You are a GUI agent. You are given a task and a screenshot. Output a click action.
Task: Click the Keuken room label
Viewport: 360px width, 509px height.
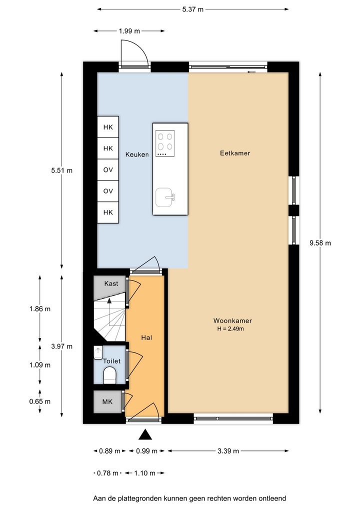pyautogui.click(x=137, y=154)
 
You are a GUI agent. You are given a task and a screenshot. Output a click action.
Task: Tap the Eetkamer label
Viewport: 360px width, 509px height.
pyautogui.click(x=235, y=153)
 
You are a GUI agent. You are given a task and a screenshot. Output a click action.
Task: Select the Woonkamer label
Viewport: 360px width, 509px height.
pyautogui.click(x=232, y=320)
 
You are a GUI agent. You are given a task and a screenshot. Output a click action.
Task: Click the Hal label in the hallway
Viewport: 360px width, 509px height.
pyautogui.click(x=146, y=337)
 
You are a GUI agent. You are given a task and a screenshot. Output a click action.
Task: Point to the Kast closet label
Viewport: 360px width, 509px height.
pyautogui.click(x=111, y=283)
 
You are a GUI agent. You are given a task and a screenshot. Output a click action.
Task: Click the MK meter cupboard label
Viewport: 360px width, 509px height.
pyautogui.click(x=107, y=401)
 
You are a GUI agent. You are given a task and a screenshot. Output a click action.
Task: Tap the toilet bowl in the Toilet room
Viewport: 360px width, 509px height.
pyautogui.click(x=109, y=375)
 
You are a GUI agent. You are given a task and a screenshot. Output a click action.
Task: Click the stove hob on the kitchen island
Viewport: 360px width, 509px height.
pyautogui.click(x=165, y=143)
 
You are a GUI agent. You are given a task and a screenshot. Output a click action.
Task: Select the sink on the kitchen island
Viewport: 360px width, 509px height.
pyautogui.click(x=165, y=197)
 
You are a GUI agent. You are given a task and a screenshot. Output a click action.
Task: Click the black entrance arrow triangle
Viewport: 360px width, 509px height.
pyautogui.click(x=145, y=434)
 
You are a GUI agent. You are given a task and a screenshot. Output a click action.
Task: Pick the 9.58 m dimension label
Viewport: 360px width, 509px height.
pyautogui.click(x=320, y=243)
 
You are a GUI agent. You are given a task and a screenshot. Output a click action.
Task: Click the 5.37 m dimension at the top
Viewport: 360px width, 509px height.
pyautogui.click(x=193, y=9)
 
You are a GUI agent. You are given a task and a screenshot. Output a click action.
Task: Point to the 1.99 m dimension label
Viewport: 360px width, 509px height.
pyautogui.click(x=129, y=31)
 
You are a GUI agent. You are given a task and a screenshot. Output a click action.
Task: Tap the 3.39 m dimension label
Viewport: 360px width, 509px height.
pyautogui.click(x=228, y=451)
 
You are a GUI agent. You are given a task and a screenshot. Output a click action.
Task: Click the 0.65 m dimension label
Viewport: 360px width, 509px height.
pyautogui.click(x=39, y=401)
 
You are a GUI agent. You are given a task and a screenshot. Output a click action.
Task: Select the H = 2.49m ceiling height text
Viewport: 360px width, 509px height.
pyautogui.click(x=230, y=328)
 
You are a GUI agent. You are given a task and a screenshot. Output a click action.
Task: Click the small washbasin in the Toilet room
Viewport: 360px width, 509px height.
pyautogui.click(x=98, y=353)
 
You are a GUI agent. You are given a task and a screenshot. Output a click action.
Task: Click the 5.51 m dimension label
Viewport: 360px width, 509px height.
pyautogui.click(x=61, y=170)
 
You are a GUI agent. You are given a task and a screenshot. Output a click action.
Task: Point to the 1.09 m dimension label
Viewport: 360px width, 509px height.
pyautogui.click(x=39, y=365)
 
